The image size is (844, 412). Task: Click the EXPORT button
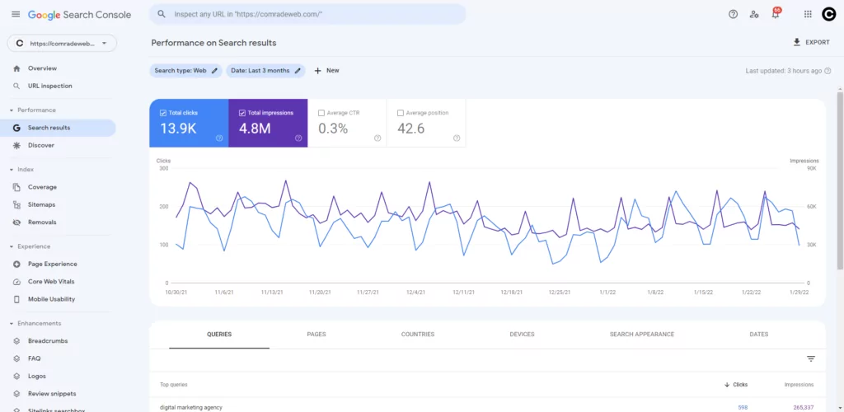pos(811,42)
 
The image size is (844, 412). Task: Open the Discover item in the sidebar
pos(40,145)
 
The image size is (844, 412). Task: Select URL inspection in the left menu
pos(49,86)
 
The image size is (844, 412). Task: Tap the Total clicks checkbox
pos(163,113)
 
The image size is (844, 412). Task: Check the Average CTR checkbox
pos(321,113)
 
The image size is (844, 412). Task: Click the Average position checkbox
pos(401,113)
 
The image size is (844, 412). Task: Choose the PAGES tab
pos(316,335)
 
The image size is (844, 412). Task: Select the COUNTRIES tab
pos(418,335)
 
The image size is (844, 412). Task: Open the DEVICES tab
pos(522,335)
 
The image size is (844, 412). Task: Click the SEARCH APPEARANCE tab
pos(642,335)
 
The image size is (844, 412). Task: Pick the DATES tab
pos(759,335)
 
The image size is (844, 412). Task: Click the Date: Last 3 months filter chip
pos(265,71)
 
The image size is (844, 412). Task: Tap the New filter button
pos(326,71)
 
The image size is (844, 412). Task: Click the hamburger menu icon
pos(15,14)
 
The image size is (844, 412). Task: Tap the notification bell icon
pos(775,14)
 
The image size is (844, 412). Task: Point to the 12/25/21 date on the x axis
pos(560,292)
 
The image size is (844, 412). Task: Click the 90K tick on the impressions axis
pos(811,168)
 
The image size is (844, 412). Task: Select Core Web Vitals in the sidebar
pos(51,282)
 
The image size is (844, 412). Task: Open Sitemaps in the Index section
pos(41,204)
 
